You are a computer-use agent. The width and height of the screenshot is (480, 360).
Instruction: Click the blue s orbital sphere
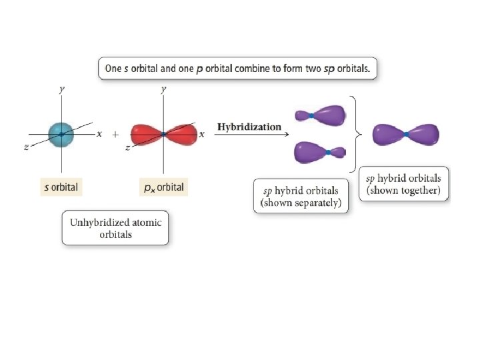click(x=61, y=134)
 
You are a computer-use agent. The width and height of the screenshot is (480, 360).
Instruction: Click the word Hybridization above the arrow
click(x=249, y=126)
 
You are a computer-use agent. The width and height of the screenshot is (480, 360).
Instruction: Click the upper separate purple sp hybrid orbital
click(x=321, y=115)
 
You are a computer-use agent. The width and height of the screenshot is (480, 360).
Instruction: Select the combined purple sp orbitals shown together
click(x=406, y=134)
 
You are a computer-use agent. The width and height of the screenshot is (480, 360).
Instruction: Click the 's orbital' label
click(x=61, y=187)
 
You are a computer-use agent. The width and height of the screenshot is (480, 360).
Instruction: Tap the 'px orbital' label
click(x=164, y=187)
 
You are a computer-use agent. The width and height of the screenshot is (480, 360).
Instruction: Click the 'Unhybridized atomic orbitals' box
click(x=116, y=228)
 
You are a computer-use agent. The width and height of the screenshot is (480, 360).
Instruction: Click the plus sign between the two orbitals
click(x=115, y=134)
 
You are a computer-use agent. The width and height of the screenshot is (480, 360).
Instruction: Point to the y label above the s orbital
click(x=62, y=89)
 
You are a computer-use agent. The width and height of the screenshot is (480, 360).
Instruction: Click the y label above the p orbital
click(x=164, y=89)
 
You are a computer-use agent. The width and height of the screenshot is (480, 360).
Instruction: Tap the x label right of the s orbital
click(x=99, y=133)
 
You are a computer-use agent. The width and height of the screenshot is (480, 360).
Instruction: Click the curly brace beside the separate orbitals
click(x=359, y=133)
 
